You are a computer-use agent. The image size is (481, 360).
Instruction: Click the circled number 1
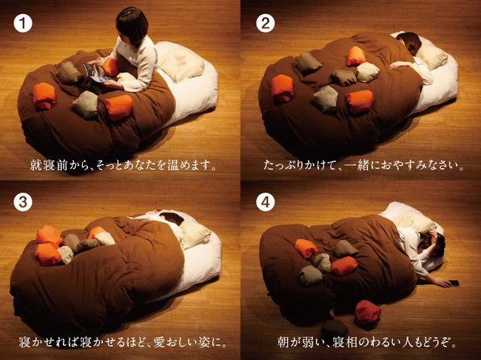click(x=23, y=24)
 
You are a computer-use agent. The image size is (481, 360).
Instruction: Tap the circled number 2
click(x=266, y=24)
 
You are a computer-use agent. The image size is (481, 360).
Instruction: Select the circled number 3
click(x=23, y=201)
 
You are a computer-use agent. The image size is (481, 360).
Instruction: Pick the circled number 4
click(x=266, y=201)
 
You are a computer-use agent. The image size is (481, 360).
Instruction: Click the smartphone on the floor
click(x=454, y=283)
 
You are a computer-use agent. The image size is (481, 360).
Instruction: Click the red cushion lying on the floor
click(x=368, y=312)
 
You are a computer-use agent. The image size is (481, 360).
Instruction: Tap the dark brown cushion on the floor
click(x=334, y=328)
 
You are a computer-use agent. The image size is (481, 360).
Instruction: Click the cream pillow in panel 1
click(x=181, y=64)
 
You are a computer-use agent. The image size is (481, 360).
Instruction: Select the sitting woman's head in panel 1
click(x=132, y=26)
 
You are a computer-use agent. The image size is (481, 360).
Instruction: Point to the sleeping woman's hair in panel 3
click(x=172, y=218)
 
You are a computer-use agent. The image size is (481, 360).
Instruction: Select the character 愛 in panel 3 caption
click(x=159, y=342)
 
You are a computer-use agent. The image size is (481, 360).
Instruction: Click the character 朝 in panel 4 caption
click(x=283, y=342)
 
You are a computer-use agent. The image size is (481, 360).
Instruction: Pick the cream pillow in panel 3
click(x=195, y=234)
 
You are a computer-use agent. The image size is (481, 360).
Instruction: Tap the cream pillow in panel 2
click(x=431, y=56)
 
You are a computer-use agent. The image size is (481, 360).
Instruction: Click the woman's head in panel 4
click(x=431, y=243)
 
